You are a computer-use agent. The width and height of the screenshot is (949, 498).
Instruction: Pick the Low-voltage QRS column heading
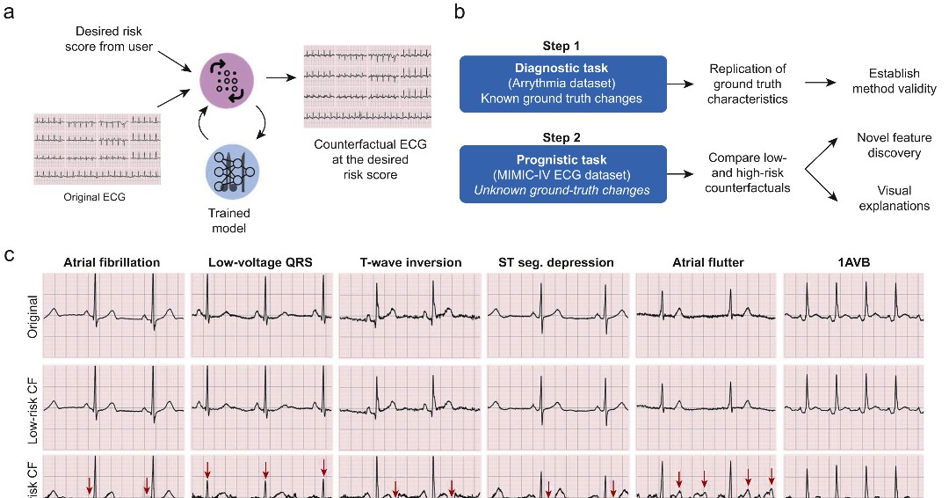[x=262, y=261]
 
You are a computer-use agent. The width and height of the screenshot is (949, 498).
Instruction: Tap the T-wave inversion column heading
[x=409, y=261]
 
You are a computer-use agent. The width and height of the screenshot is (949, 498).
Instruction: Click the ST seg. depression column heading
[x=559, y=261]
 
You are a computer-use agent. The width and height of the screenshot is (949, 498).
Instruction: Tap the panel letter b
[x=458, y=13]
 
